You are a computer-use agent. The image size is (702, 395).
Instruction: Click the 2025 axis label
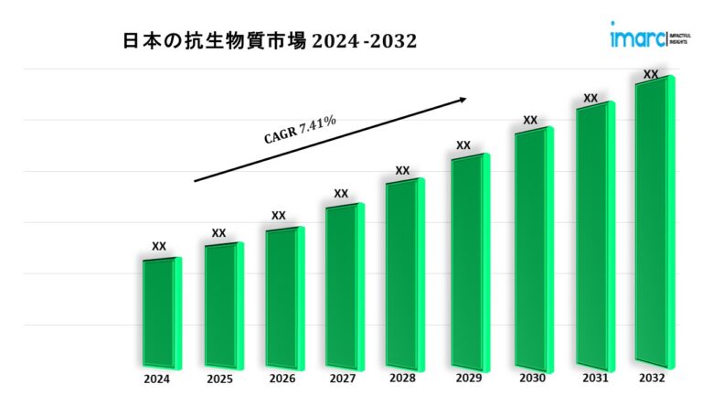pyautogui.click(x=219, y=378)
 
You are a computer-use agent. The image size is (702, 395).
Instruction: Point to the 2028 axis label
pyautogui.click(x=402, y=378)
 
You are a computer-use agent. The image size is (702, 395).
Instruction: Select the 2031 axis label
pyautogui.click(x=592, y=378)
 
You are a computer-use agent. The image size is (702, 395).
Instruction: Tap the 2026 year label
pyautogui.click(x=282, y=378)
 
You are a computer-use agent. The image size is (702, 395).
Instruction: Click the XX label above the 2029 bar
pyautogui.click(x=463, y=145)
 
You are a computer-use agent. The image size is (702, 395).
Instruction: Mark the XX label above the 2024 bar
pyautogui.click(x=159, y=246)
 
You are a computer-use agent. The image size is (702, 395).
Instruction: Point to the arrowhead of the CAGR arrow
pyautogui.click(x=463, y=99)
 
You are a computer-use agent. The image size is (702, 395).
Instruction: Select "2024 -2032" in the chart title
pyautogui.click(x=366, y=41)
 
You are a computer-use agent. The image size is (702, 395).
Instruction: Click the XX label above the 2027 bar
pyautogui.click(x=341, y=194)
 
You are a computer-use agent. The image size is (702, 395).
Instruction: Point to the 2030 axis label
pyautogui.click(x=531, y=378)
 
